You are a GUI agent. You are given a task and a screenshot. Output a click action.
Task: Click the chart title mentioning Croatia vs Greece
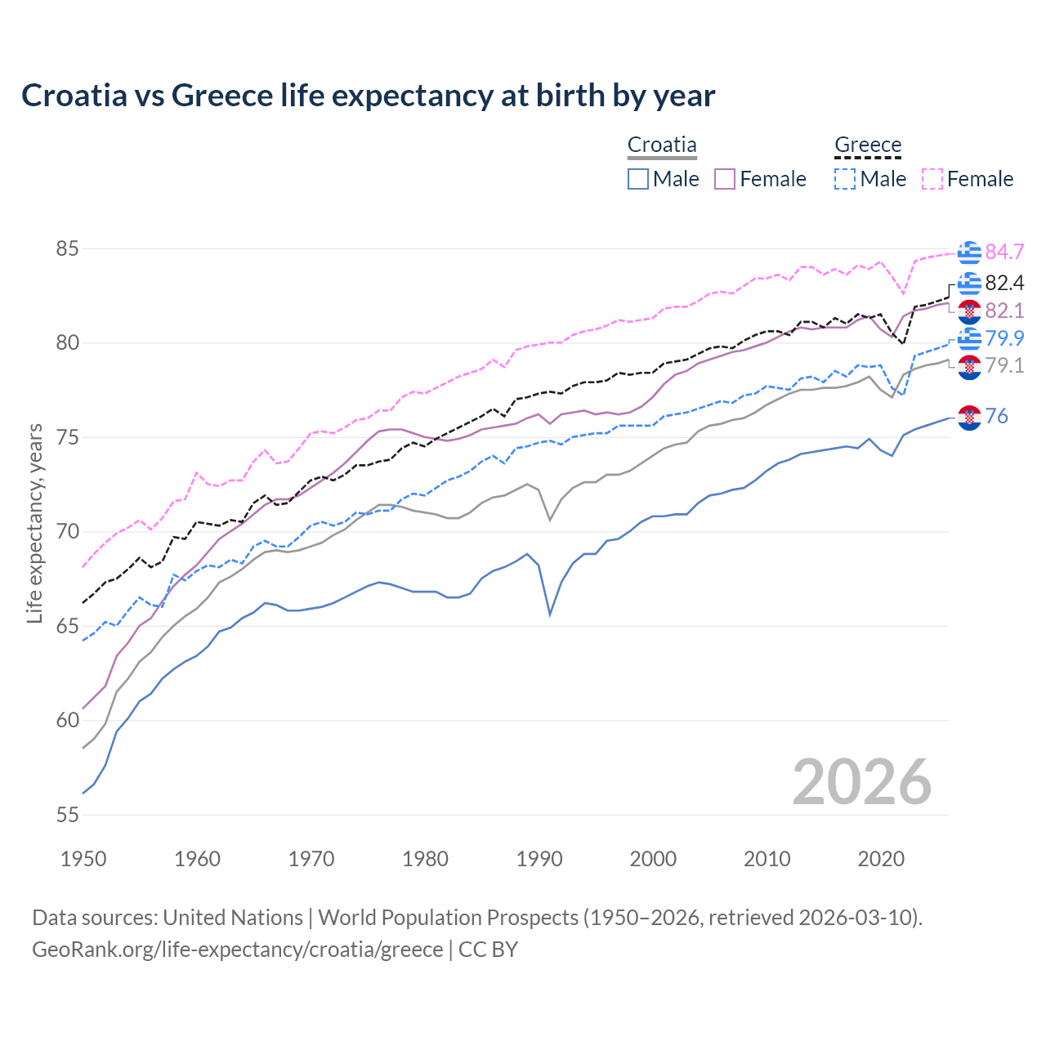[368, 96]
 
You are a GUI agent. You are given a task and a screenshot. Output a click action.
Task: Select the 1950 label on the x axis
[83, 859]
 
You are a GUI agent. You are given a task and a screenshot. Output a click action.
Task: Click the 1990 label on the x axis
[539, 859]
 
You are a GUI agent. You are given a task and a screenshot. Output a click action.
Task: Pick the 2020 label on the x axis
[881, 859]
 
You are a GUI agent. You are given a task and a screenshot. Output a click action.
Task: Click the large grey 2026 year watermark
[861, 782]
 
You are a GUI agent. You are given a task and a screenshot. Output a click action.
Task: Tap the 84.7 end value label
[1004, 252]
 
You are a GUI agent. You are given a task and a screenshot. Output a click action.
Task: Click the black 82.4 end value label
[1004, 283]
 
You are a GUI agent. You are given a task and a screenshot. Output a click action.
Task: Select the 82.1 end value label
[1004, 311]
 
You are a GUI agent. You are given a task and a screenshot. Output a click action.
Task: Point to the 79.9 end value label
[1004, 338]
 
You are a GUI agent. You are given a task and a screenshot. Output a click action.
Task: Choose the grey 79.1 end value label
[1004, 365]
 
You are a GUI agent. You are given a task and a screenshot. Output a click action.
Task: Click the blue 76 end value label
[997, 416]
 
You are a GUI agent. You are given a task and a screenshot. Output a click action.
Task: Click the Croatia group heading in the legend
[662, 145]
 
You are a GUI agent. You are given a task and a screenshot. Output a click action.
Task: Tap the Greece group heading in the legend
[868, 145]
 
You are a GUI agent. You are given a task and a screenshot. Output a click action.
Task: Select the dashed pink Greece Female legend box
[932, 179]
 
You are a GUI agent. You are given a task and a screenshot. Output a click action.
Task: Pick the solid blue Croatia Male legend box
[638, 179]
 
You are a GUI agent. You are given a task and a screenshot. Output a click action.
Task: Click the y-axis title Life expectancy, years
[34, 523]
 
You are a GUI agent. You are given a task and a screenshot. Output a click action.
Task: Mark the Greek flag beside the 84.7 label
[969, 253]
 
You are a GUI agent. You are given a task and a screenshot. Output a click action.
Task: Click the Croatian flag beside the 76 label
[969, 417]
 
